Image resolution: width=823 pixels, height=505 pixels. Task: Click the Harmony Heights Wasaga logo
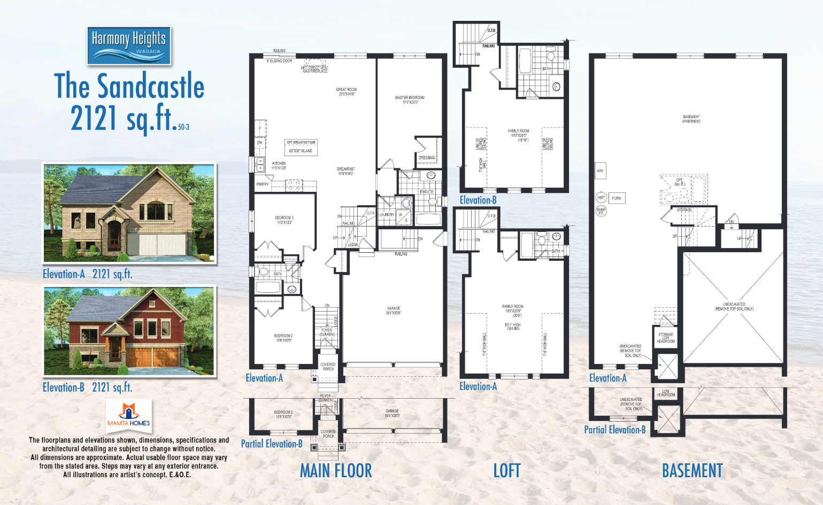click(129, 45)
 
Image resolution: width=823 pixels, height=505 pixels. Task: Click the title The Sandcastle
click(129, 86)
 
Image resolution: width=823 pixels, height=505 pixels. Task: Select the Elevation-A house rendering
click(129, 213)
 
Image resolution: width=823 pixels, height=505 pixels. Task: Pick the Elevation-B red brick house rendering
click(129, 331)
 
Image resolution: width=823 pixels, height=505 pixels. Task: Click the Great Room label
click(346, 92)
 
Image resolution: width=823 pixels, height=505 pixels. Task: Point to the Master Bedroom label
click(410, 100)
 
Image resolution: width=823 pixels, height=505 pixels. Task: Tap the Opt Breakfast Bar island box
click(301, 147)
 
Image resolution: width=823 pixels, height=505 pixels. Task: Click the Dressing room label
click(427, 158)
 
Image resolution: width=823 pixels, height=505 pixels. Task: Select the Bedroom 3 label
click(284, 220)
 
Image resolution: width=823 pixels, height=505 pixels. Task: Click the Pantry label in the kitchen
click(263, 184)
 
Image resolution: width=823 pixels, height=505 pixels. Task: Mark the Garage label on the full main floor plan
click(394, 310)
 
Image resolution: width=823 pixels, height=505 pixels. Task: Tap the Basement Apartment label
click(691, 119)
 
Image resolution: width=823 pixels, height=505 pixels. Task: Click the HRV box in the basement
click(600, 171)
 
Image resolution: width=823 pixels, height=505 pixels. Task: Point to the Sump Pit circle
click(601, 211)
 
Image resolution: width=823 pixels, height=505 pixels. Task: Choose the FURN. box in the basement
click(617, 198)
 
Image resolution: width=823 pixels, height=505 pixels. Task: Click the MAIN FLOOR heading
click(336, 471)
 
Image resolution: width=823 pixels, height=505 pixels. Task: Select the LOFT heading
click(506, 471)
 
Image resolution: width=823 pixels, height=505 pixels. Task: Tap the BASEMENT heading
click(692, 471)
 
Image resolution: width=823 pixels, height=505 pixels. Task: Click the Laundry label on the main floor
click(386, 215)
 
